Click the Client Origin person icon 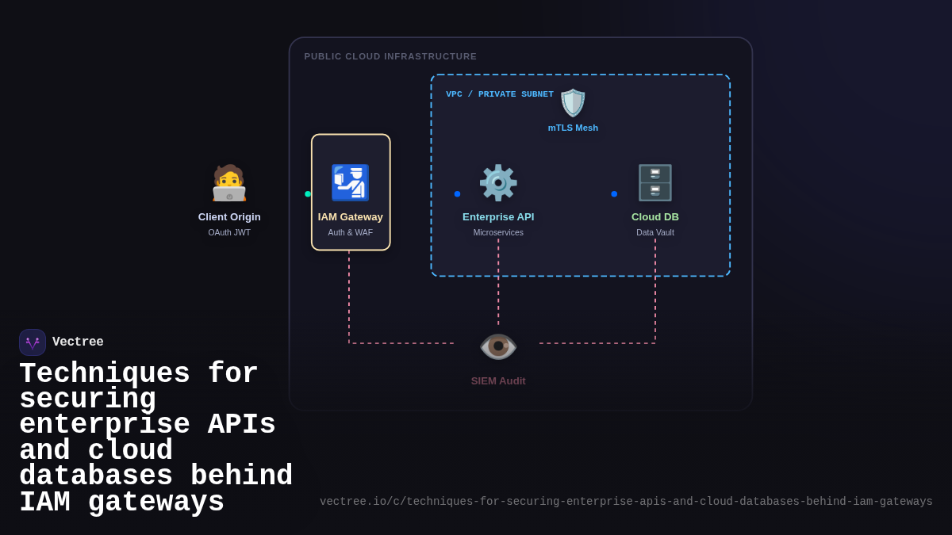pyautogui.click(x=229, y=183)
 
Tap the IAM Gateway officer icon pyautogui.click(x=350, y=183)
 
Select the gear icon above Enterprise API pyautogui.click(x=498, y=183)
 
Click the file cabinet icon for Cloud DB pyautogui.click(x=655, y=183)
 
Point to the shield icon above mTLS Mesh pyautogui.click(x=573, y=103)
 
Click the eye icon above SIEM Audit pyautogui.click(x=498, y=346)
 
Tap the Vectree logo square pyautogui.click(x=33, y=342)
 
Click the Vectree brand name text pyautogui.click(x=78, y=342)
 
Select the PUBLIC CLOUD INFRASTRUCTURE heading pyautogui.click(x=390, y=56)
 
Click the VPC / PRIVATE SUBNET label pyautogui.click(x=500, y=94)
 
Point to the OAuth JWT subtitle pyautogui.click(x=229, y=233)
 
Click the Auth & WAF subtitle pyautogui.click(x=350, y=233)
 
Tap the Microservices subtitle pyautogui.click(x=498, y=233)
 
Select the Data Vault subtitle pyautogui.click(x=655, y=233)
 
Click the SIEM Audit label pyautogui.click(x=498, y=381)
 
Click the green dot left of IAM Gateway pyautogui.click(x=308, y=194)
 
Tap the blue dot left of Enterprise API pyautogui.click(x=457, y=194)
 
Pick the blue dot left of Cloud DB pyautogui.click(x=614, y=194)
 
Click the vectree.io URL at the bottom pyautogui.click(x=626, y=502)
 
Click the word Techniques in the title pyautogui.click(x=104, y=374)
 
